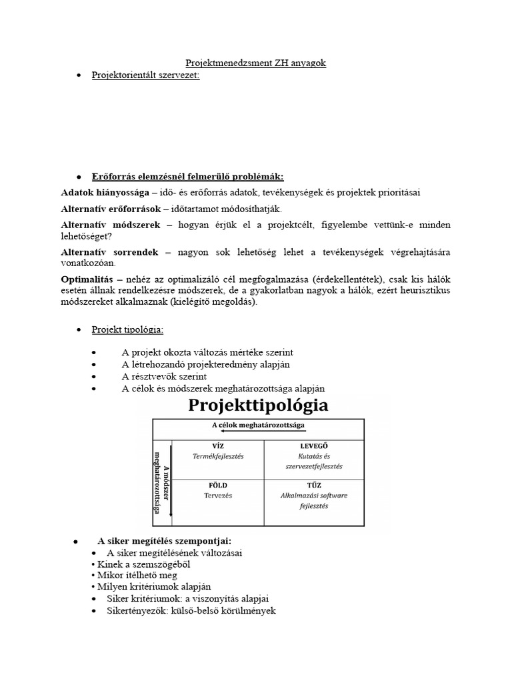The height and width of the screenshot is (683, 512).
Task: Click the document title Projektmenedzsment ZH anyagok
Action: (x=255, y=63)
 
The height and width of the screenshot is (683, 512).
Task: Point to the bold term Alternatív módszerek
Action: (x=111, y=225)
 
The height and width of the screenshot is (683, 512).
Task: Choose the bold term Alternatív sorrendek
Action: (x=109, y=252)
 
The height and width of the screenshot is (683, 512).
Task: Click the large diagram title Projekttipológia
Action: (x=257, y=405)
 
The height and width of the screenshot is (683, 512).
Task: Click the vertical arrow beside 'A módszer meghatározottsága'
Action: (x=171, y=480)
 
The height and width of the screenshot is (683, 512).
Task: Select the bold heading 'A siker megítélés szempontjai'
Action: (x=165, y=541)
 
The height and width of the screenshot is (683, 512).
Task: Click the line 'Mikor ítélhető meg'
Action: (x=127, y=576)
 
